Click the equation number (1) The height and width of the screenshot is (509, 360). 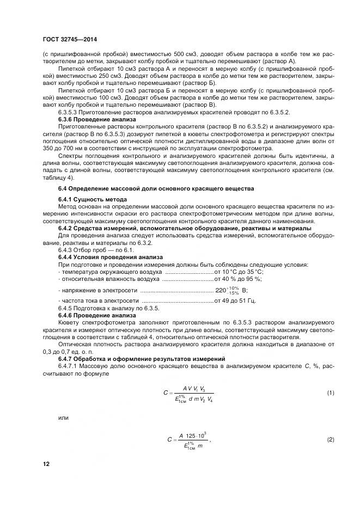(330, 393)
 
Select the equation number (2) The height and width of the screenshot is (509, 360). (330, 439)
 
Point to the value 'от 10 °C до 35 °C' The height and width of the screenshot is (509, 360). (239, 271)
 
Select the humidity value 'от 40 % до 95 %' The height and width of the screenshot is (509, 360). (239, 279)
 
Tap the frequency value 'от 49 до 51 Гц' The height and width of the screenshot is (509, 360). (235, 301)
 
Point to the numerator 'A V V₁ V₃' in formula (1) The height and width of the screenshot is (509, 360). (194, 388)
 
